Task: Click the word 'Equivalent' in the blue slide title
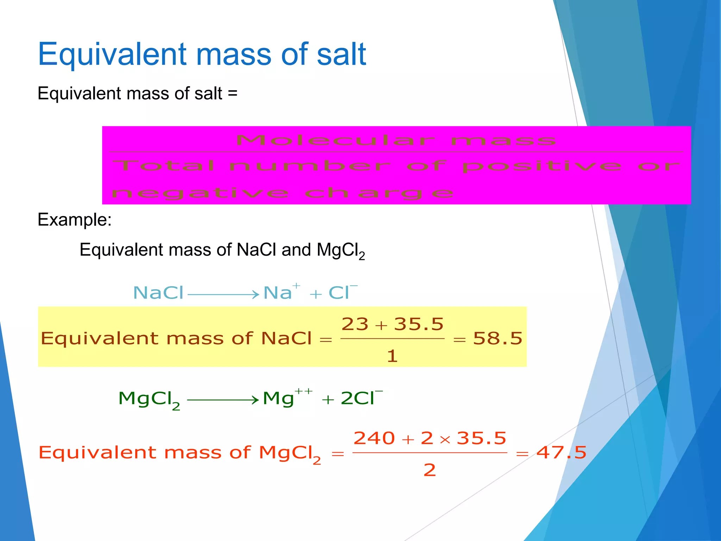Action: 112,55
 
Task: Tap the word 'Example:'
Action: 75,220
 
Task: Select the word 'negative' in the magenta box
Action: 200,193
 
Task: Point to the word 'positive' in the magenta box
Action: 542,166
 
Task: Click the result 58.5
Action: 497,338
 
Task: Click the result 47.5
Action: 561,453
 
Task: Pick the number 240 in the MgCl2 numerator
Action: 374,439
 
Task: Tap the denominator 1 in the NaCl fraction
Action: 392,356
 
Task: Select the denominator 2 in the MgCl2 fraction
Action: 430,470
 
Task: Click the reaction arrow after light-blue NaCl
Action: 223,294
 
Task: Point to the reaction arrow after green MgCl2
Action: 223,400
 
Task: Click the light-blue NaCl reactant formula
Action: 158,293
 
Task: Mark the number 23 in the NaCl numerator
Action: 355,324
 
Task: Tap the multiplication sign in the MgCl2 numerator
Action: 445,440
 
